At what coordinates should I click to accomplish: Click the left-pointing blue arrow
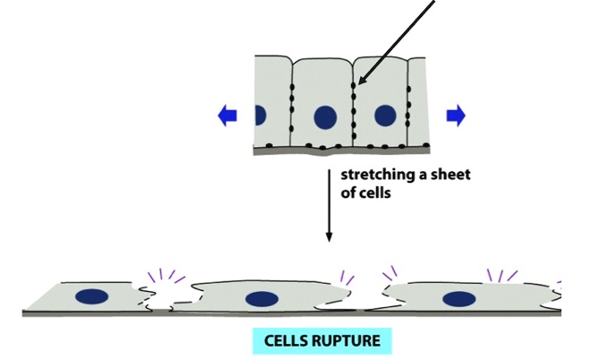226,114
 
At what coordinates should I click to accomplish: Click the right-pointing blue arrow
456,114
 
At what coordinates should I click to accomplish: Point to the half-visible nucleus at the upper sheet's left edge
260,115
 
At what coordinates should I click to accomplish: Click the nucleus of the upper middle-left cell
324,116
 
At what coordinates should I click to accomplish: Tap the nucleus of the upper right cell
385,115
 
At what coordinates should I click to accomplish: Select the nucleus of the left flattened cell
91,296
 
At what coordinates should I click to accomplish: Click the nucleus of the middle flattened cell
261,299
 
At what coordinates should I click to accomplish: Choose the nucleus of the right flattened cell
458,299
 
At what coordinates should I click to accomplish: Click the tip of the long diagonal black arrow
356,87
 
